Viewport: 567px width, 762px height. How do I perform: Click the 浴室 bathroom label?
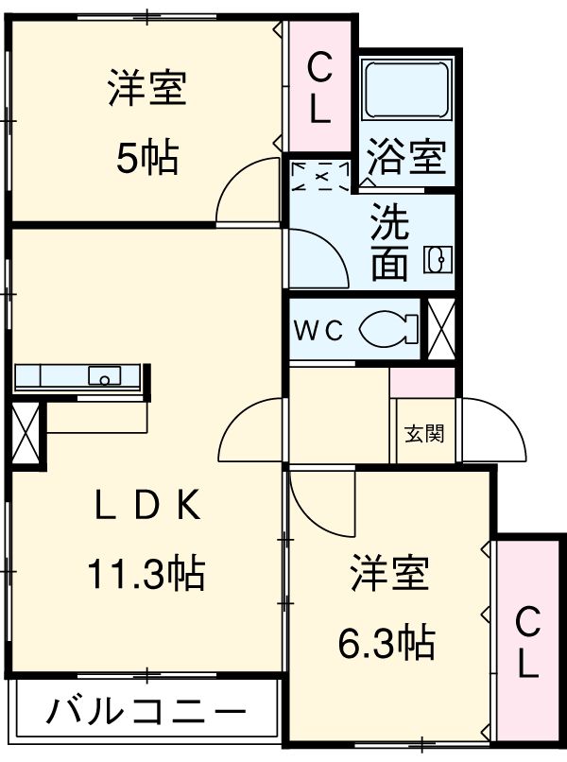tap(406, 156)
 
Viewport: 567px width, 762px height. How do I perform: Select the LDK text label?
tap(146, 508)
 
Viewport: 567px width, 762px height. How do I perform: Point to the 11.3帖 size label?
tap(146, 572)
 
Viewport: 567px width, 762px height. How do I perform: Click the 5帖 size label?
tap(146, 158)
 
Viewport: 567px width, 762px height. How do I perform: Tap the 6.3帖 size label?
tap(387, 643)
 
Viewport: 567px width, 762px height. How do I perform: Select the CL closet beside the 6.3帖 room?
tap(527, 643)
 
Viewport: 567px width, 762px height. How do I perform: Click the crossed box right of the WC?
tap(442, 329)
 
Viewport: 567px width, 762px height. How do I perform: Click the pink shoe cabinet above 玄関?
tap(423, 383)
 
